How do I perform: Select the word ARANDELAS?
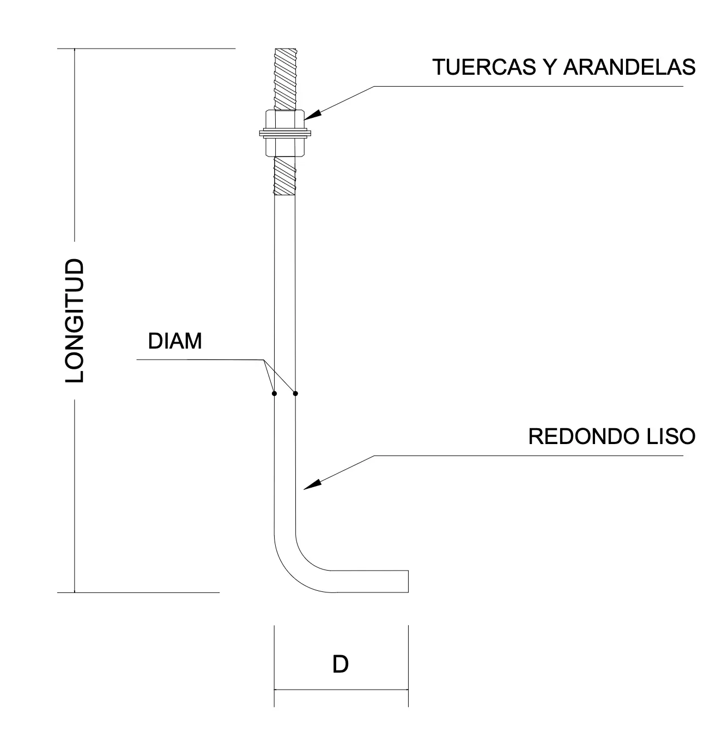[x=629, y=67]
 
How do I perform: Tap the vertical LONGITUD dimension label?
[x=75, y=321]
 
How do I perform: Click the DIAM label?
[x=175, y=341]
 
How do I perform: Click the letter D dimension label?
[x=341, y=664]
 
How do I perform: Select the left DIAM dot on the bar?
[x=274, y=393]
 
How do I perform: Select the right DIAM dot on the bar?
[x=295, y=393]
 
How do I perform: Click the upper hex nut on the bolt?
[x=284, y=119]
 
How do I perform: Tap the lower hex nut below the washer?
[x=284, y=146]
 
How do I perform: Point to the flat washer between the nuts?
[x=284, y=133]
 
